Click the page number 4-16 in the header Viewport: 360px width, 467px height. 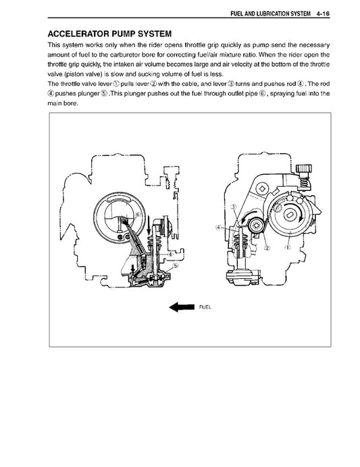[x=319, y=11]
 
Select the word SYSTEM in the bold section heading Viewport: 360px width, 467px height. [x=151, y=33]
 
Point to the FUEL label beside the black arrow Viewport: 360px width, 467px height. [x=205, y=307]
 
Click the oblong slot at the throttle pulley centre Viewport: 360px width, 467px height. [x=290, y=215]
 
